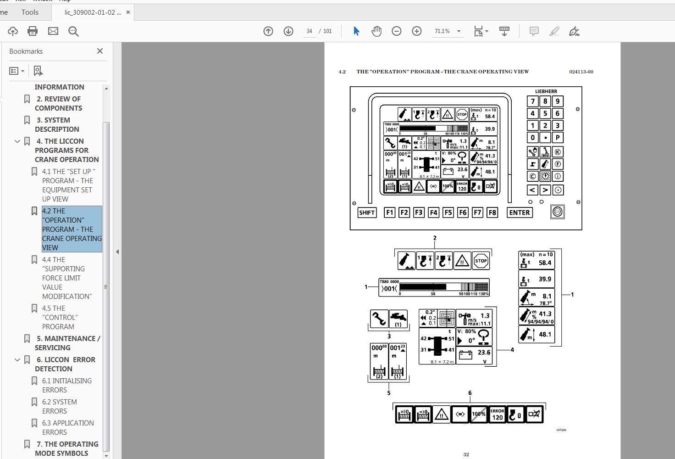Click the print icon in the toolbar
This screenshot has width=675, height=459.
coord(33,31)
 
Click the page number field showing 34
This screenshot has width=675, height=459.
coord(310,31)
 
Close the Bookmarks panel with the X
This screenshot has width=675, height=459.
coord(100,51)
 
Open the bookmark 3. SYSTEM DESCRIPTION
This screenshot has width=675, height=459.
coord(57,124)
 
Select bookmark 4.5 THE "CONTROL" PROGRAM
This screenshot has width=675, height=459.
coord(60,317)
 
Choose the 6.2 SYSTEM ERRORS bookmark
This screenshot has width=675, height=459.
coord(60,406)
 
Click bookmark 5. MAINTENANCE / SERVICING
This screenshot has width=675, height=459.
coord(67,343)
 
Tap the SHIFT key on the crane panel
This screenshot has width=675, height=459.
coord(367,213)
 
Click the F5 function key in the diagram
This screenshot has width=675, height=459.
coord(448,213)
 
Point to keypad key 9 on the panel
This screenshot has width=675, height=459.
coord(558,101)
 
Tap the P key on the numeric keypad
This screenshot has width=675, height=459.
coord(558,138)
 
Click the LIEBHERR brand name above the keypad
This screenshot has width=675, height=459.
coord(546,91)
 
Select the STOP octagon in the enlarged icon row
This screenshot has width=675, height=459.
coord(481,261)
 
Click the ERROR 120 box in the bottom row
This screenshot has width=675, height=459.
coord(497,414)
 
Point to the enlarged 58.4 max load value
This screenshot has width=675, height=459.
coord(545,263)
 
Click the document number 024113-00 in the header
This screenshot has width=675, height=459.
coord(581,72)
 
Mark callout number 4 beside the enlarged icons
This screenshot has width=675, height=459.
coord(512,350)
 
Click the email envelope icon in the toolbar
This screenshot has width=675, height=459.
coord(53,31)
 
